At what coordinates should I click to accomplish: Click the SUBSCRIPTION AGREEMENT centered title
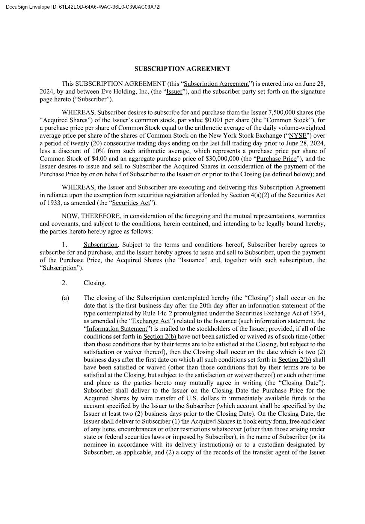pyautogui.click(x=182, y=68)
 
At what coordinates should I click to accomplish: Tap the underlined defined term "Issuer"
pyautogui.click(x=174, y=92)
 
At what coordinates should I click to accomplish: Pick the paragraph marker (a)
pyautogui.click(x=65, y=298)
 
